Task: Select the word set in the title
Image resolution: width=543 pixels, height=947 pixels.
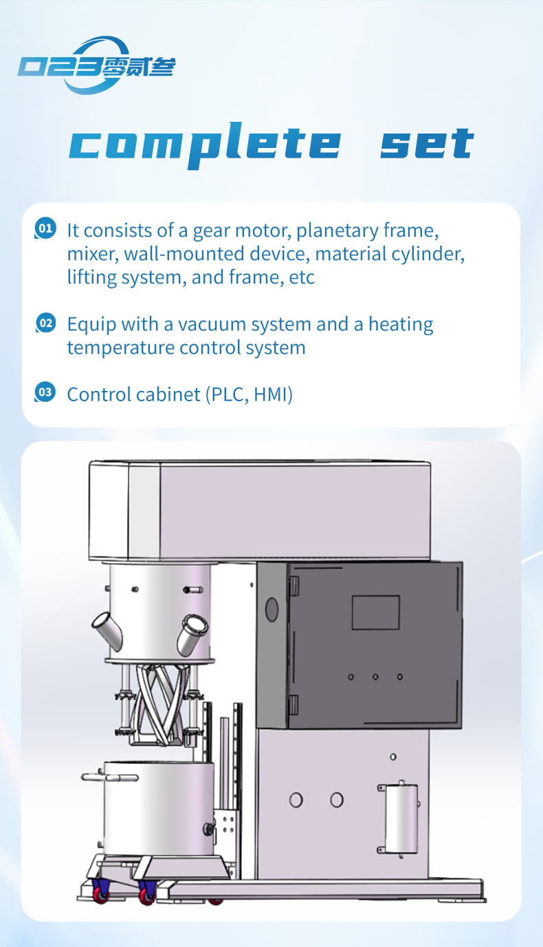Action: click(x=427, y=144)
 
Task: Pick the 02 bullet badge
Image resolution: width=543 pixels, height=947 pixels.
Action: click(x=45, y=323)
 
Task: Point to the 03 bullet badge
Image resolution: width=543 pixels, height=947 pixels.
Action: click(x=45, y=393)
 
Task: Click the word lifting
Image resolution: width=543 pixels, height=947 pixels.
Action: click(x=93, y=277)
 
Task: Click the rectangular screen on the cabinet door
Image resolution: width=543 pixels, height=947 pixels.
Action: click(x=375, y=613)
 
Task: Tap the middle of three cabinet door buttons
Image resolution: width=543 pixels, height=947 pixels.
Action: click(x=375, y=677)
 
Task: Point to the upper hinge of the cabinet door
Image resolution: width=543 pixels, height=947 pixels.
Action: click(x=294, y=586)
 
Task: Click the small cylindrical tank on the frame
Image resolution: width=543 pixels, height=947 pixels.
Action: click(x=401, y=818)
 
